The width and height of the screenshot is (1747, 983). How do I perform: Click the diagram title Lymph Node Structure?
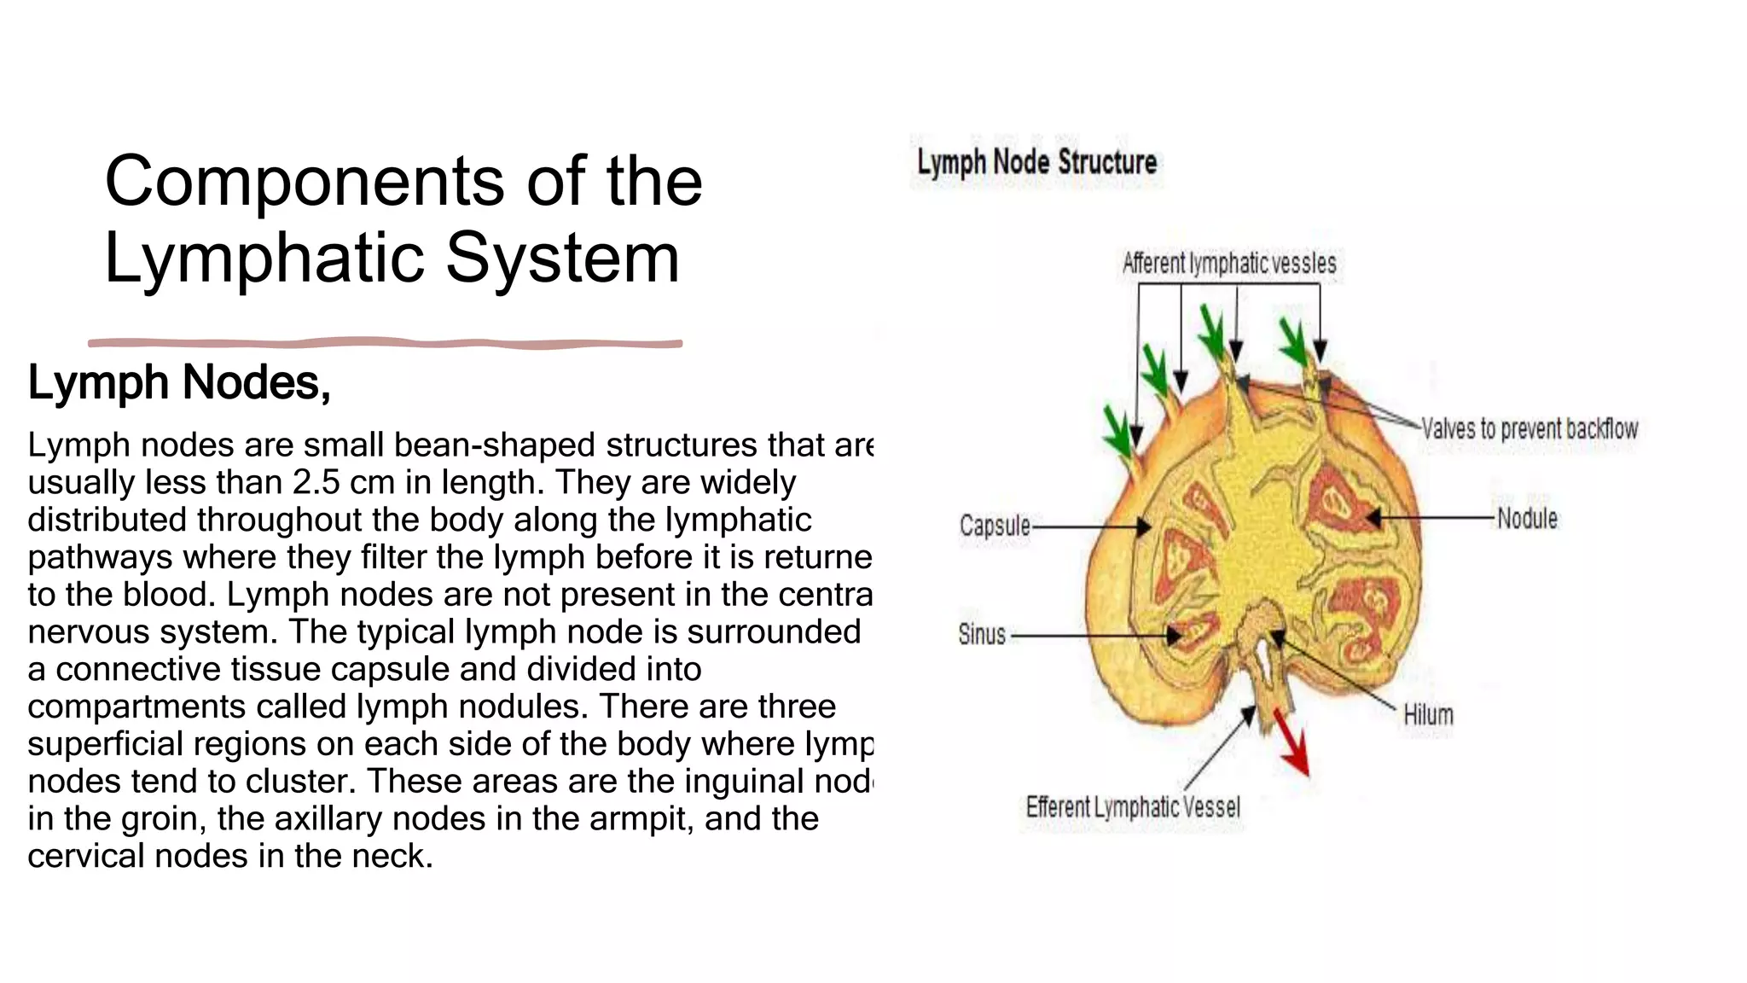[x=1036, y=162]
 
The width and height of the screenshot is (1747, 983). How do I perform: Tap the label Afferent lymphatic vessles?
[x=1228, y=264]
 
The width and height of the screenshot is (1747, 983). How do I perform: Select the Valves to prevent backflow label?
[x=1529, y=428]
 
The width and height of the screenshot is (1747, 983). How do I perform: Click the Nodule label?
[x=1527, y=518]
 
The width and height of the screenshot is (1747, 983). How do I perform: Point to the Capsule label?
[x=995, y=526]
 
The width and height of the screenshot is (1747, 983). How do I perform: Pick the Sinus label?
[x=982, y=635]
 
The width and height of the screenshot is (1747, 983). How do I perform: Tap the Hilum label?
[x=1428, y=715]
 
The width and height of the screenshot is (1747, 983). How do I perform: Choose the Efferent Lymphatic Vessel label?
[x=1133, y=806]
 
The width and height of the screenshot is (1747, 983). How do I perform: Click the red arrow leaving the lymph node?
[x=1291, y=742]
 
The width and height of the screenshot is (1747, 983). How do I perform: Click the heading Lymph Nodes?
[x=179, y=382]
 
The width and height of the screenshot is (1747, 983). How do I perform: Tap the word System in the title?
[x=562, y=258]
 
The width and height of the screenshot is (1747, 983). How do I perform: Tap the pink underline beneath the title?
[x=384, y=343]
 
